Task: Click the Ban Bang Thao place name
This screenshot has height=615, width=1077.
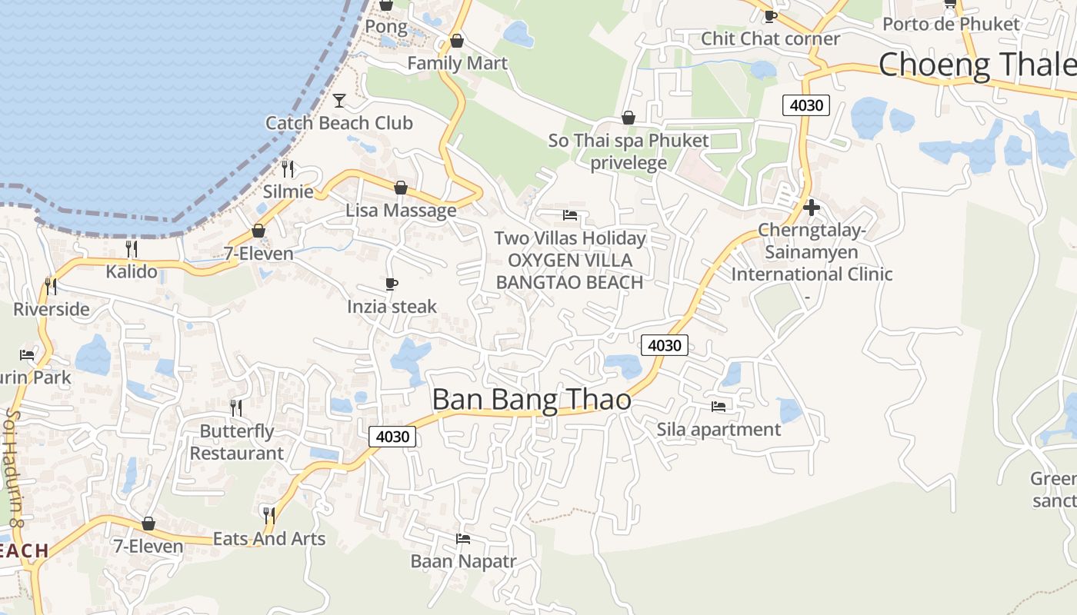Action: (x=532, y=400)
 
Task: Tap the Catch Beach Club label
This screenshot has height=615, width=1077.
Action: (x=338, y=123)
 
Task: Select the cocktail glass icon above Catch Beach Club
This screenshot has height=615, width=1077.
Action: (x=338, y=100)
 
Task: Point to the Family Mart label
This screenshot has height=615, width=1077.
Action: (x=457, y=63)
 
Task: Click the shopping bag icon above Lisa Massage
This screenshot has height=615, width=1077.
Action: (x=400, y=188)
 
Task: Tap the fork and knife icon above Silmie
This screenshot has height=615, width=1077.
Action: (x=288, y=168)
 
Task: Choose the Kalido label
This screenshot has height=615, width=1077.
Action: (x=132, y=271)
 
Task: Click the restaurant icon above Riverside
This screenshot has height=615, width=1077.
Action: (x=51, y=287)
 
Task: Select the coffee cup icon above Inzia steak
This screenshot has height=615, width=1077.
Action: (x=392, y=284)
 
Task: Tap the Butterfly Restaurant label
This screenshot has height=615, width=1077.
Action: (x=237, y=442)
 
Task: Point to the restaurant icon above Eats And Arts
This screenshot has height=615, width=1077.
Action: (x=268, y=515)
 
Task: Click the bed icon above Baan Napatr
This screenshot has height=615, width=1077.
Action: (x=463, y=539)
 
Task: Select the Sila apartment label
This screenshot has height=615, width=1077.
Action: (x=719, y=429)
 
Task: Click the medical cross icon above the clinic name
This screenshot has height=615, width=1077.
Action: (x=811, y=207)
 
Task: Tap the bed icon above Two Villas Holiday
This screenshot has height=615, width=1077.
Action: (x=570, y=215)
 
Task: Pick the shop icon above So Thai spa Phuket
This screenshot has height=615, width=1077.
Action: (x=629, y=118)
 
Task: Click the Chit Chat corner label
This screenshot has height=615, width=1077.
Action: (x=770, y=38)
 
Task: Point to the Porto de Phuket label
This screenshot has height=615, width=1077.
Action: (x=951, y=24)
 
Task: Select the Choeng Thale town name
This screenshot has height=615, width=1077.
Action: (x=977, y=64)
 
